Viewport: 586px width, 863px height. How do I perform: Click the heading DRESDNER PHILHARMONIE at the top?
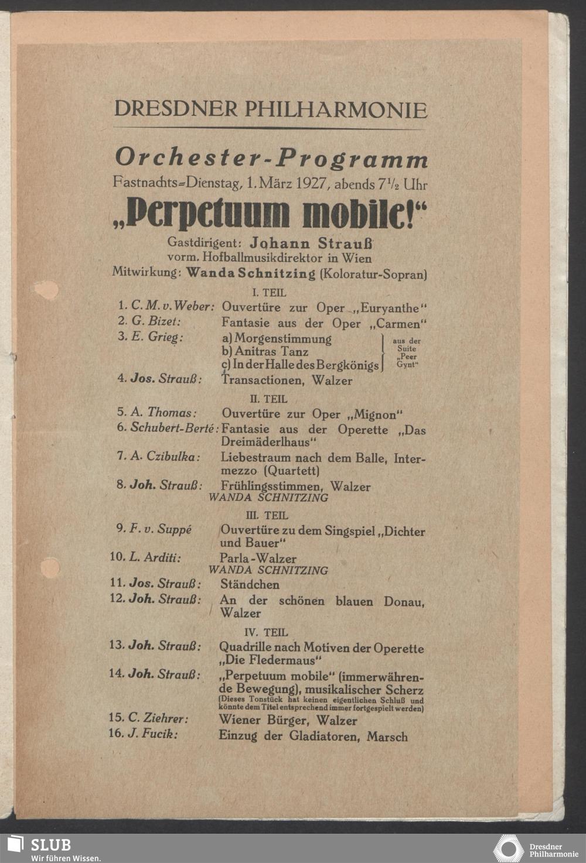(x=270, y=109)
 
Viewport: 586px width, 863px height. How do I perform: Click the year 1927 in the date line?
(x=311, y=183)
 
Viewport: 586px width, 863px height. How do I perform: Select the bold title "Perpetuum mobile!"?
(x=270, y=213)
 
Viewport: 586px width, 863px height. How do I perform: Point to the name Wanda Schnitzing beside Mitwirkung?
(x=250, y=273)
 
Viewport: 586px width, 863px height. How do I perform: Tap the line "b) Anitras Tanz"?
(x=265, y=352)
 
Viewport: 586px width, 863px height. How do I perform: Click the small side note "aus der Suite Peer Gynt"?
(x=407, y=352)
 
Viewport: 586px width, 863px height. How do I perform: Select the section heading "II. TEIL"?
(x=268, y=399)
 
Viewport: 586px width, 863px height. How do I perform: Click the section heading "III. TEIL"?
(x=267, y=516)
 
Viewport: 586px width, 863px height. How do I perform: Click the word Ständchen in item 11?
(x=250, y=584)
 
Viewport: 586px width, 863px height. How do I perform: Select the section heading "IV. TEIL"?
(x=266, y=632)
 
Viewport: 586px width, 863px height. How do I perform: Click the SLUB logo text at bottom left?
(x=50, y=845)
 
